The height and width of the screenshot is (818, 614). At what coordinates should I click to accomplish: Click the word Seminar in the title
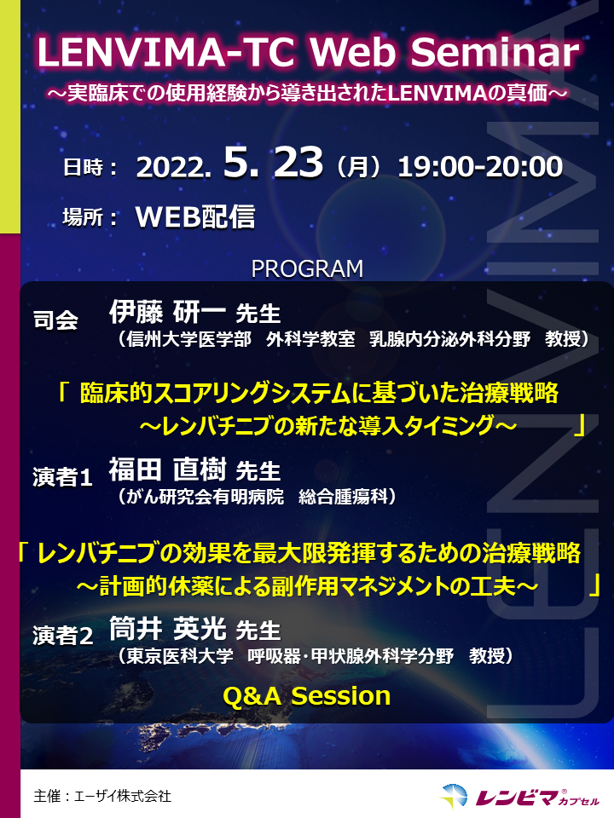[495, 52]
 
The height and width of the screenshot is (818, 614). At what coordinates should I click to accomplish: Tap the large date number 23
[298, 162]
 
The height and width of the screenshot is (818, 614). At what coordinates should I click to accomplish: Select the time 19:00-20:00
[480, 167]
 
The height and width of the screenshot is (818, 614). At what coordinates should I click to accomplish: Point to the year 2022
[173, 168]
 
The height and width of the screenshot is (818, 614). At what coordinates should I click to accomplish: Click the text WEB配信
[195, 216]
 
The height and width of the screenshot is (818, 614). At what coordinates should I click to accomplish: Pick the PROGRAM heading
[307, 269]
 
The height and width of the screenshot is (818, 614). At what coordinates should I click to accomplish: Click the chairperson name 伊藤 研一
[167, 312]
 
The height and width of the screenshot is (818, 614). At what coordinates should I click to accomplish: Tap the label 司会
[55, 320]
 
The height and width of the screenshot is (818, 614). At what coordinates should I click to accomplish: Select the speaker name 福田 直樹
[167, 469]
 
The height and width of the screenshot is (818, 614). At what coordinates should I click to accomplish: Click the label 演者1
[62, 477]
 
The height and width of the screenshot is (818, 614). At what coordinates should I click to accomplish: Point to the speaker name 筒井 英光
[167, 628]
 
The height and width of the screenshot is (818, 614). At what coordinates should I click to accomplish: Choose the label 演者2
[62, 636]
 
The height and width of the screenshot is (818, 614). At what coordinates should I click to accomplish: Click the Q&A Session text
[307, 696]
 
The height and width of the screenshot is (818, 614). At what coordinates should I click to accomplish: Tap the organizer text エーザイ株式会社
[123, 796]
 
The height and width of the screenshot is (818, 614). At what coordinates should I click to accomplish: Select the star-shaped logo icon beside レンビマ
[454, 796]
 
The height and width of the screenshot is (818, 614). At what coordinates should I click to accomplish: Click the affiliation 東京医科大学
[180, 656]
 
